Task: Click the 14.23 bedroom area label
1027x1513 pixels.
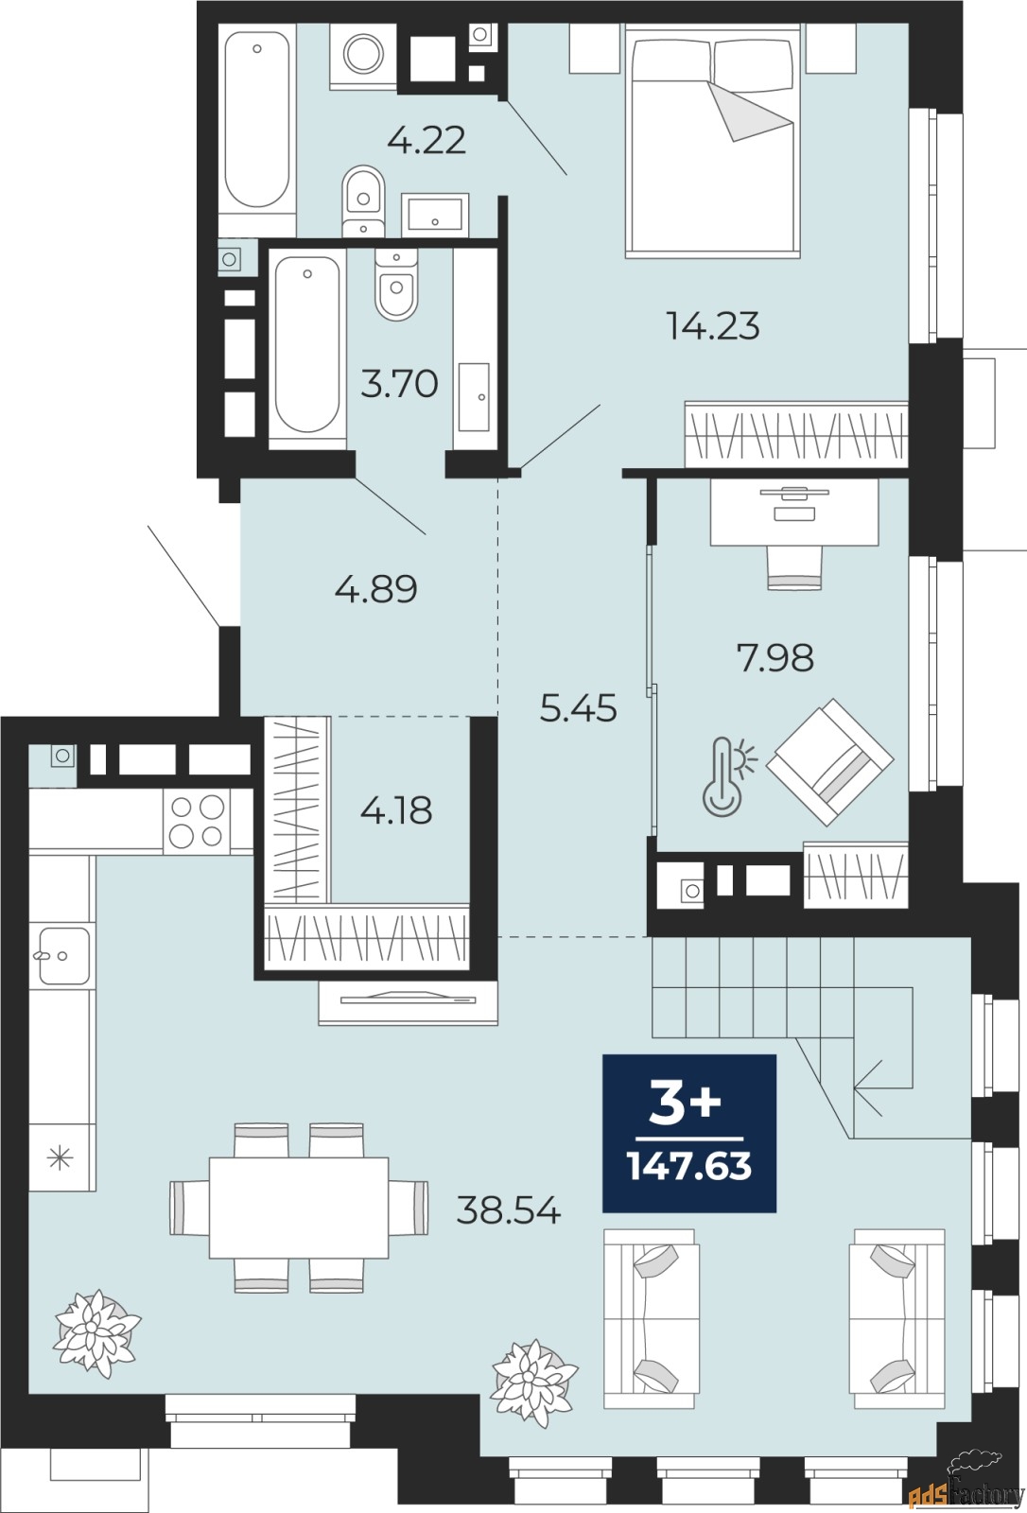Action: (x=713, y=326)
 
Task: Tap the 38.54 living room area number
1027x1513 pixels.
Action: (x=509, y=1209)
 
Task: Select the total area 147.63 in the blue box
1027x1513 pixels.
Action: (x=689, y=1166)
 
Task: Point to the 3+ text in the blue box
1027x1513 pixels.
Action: (x=686, y=1103)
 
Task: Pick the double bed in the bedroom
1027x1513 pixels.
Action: (x=712, y=142)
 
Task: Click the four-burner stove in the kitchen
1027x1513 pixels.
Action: (x=196, y=821)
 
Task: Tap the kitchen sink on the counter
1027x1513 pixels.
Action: (x=62, y=955)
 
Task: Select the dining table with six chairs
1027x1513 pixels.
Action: (x=299, y=1208)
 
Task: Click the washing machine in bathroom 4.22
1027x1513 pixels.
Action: (x=363, y=54)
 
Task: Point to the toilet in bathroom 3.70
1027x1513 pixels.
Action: (x=396, y=285)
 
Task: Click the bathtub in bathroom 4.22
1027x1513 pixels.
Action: (x=257, y=118)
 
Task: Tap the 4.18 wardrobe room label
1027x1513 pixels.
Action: (x=396, y=810)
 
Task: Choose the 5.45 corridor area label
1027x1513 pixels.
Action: (x=578, y=707)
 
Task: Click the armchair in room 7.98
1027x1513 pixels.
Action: (x=829, y=761)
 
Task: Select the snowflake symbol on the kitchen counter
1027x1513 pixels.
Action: (x=61, y=1157)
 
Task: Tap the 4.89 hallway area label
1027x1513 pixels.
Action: (x=375, y=589)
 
